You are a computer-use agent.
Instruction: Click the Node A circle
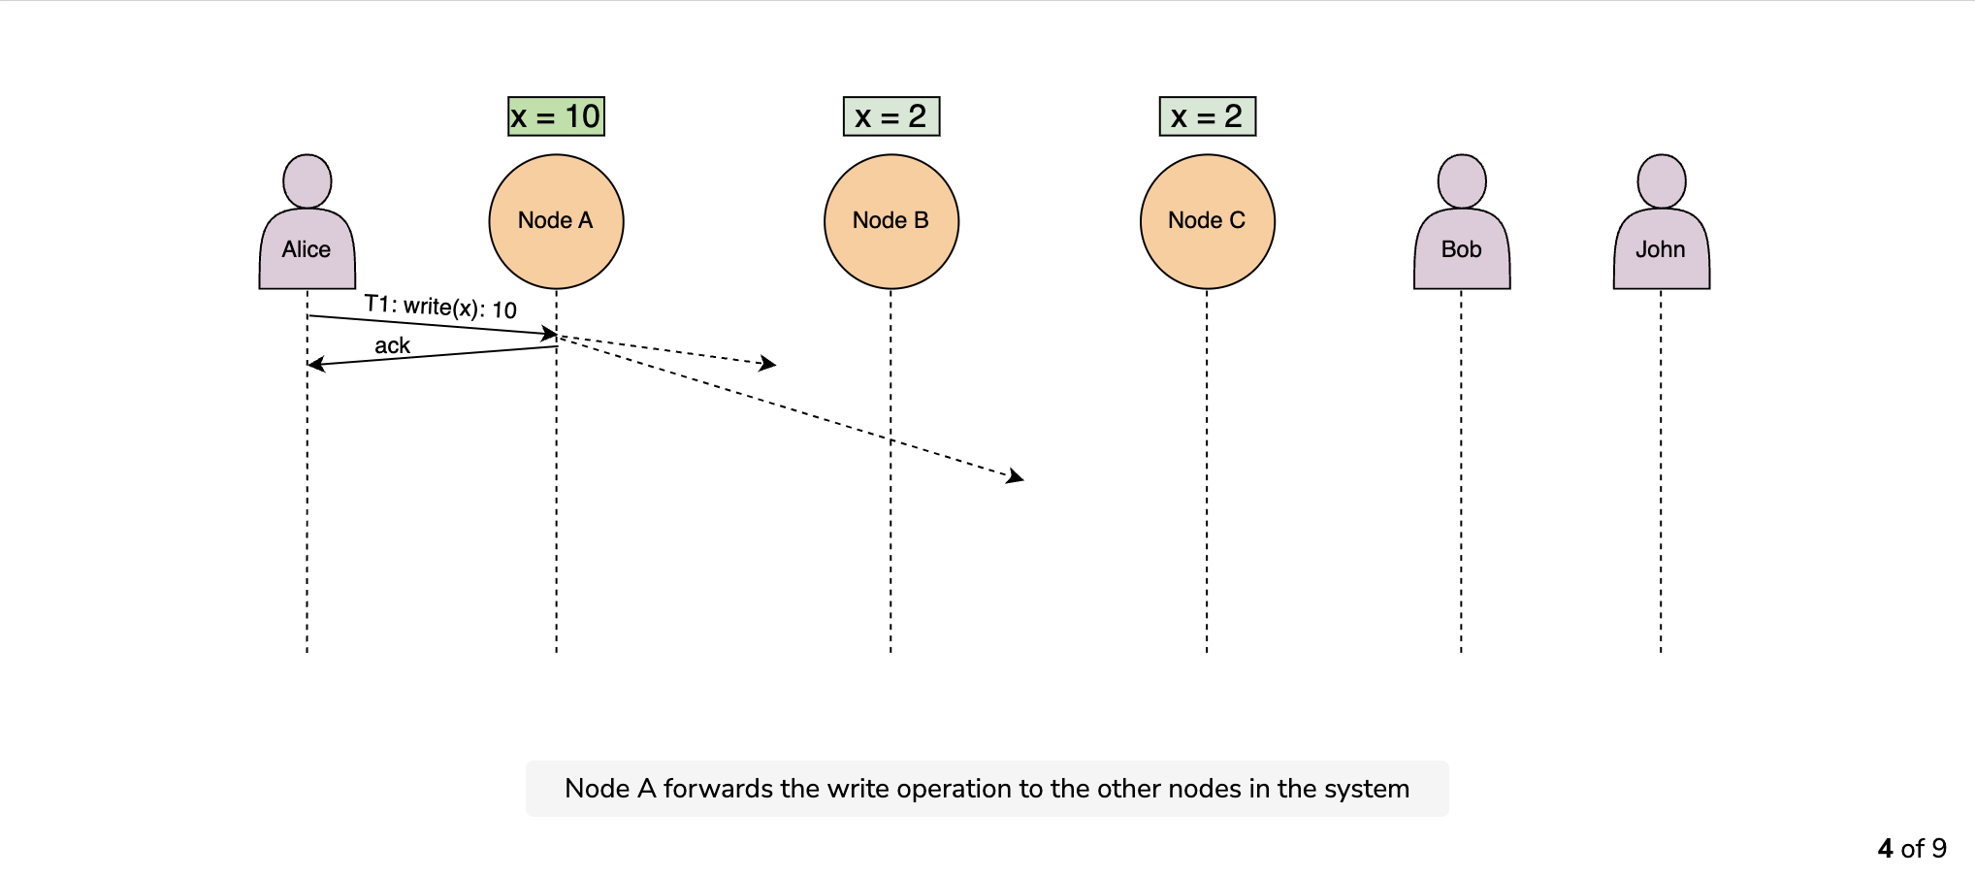(556, 221)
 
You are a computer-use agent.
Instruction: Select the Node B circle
(891, 221)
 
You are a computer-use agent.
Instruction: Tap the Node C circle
(1208, 221)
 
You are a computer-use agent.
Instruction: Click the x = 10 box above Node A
(556, 116)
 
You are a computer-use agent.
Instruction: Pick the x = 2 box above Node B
(891, 116)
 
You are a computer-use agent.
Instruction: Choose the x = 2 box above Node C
(1208, 116)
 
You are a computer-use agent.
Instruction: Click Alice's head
(308, 180)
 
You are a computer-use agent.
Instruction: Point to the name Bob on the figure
(1462, 249)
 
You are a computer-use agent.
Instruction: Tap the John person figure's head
(1662, 180)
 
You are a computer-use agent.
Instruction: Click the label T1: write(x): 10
(440, 307)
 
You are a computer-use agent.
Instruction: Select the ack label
(392, 345)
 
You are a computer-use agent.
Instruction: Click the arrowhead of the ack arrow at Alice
(314, 365)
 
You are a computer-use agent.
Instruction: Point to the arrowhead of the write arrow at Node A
(550, 334)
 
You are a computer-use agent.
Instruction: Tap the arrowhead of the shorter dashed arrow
(768, 364)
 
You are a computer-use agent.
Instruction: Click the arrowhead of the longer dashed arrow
(1016, 476)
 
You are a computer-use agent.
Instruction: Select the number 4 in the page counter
(1886, 849)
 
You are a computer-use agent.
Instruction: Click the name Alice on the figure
(307, 249)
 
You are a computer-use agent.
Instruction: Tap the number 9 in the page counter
(1939, 849)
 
